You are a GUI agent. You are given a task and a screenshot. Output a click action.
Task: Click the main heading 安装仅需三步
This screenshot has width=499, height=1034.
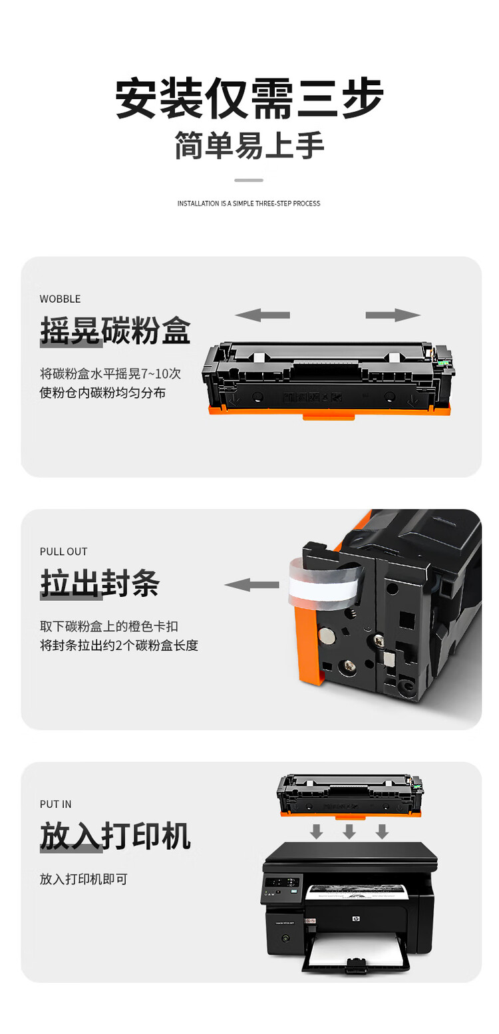click(249, 99)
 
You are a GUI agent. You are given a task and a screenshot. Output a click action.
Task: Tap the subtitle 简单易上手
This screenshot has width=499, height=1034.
click(249, 146)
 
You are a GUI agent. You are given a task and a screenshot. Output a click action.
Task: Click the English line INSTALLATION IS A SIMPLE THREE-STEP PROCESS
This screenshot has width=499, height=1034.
click(249, 204)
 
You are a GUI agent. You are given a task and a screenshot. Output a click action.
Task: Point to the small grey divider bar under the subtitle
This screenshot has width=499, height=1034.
click(249, 180)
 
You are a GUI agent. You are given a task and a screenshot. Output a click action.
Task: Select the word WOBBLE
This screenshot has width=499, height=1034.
click(60, 299)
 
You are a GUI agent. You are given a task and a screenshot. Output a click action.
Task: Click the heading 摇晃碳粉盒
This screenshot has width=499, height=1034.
click(115, 331)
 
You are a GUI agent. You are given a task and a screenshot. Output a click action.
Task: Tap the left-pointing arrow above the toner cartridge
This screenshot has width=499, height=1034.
click(262, 315)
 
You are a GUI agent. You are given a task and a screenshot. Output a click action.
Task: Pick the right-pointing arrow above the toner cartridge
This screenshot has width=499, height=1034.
click(393, 315)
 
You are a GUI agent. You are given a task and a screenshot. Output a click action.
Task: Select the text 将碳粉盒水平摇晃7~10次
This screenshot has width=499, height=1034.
click(110, 373)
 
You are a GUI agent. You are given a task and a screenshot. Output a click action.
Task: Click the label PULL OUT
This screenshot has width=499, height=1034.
click(63, 552)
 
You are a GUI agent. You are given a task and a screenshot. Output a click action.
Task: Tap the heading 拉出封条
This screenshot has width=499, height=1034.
click(100, 584)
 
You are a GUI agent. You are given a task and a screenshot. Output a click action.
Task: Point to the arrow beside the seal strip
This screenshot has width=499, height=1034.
click(251, 585)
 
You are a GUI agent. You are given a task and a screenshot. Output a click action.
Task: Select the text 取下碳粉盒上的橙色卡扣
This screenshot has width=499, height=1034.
click(109, 626)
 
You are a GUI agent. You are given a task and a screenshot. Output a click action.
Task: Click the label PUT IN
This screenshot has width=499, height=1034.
click(55, 804)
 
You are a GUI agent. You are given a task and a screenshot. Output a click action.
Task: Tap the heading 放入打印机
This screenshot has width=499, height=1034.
click(115, 836)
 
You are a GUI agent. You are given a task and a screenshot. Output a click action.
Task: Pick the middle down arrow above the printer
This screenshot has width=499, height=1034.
click(349, 831)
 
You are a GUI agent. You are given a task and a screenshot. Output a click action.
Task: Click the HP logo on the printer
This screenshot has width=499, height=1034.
click(354, 920)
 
